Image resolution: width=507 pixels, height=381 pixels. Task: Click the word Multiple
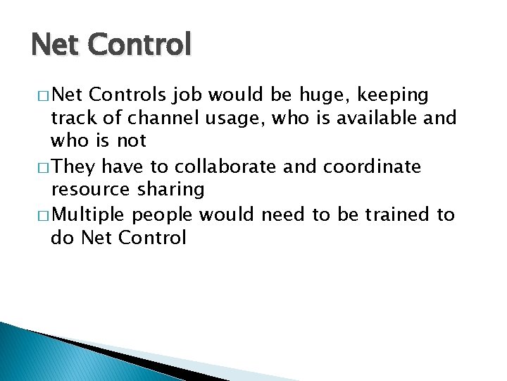[x=90, y=215]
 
